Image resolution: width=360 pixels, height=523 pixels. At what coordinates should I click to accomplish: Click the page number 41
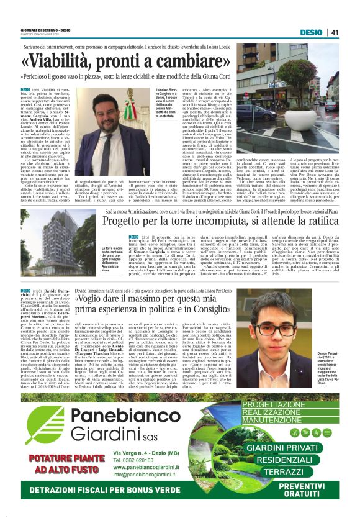point(335,32)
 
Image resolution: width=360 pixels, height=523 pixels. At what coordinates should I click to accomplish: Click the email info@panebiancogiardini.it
point(147,475)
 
